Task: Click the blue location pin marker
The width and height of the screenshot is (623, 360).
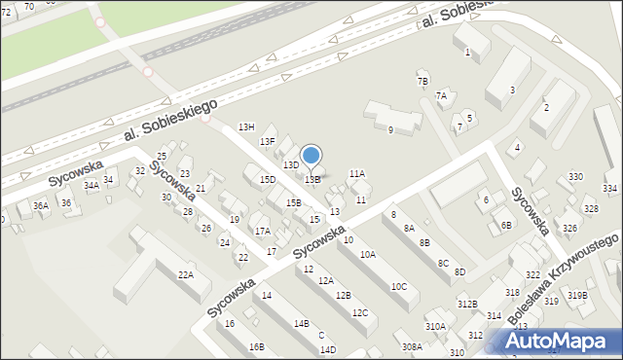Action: [311, 156]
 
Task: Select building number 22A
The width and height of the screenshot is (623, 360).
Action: [185, 274]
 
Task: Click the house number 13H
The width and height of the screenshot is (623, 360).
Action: [246, 127]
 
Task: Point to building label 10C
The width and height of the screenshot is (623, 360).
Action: [398, 286]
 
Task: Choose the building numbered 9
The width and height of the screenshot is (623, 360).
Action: [390, 129]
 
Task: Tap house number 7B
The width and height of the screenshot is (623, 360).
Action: [422, 81]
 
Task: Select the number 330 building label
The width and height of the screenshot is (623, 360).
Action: [576, 176]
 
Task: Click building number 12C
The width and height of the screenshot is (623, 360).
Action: [360, 312]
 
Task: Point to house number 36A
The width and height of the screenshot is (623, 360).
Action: [41, 205]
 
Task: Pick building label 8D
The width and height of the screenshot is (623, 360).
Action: [459, 271]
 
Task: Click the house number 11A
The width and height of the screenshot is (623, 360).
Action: [357, 173]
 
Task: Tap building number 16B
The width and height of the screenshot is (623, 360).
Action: [256, 346]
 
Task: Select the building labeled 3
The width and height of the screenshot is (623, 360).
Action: [512, 90]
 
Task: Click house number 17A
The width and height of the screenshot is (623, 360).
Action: [263, 231]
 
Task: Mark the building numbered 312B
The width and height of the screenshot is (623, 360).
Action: [468, 305]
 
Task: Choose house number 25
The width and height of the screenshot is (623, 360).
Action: [162, 156]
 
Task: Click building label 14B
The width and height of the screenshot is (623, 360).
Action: [302, 323]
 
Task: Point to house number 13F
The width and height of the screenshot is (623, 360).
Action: [267, 142]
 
